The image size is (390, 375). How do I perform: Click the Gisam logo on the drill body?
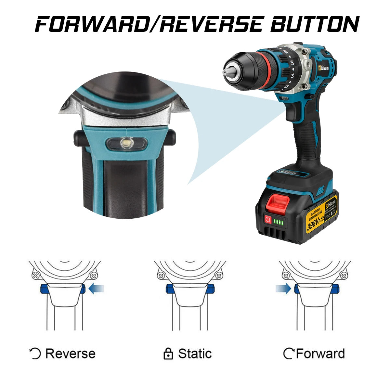pyautogui.click(x=323, y=67)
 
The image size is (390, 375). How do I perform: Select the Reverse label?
pyautogui.click(x=70, y=354)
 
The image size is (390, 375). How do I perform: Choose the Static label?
pyautogui.click(x=195, y=354)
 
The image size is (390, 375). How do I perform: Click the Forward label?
pyautogui.click(x=320, y=354)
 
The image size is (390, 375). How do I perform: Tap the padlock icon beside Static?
pyautogui.click(x=168, y=354)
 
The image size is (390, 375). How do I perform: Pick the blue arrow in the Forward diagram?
pyautogui.click(x=283, y=289)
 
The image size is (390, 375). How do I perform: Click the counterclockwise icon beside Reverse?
pyautogui.click(x=35, y=354)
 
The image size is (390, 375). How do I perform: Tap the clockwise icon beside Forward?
pyautogui.click(x=289, y=354)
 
